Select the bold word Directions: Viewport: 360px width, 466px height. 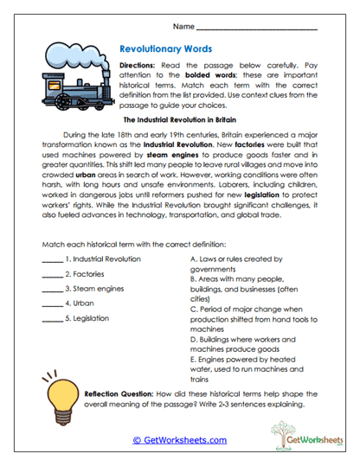pyautogui.click(x=138, y=66)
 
